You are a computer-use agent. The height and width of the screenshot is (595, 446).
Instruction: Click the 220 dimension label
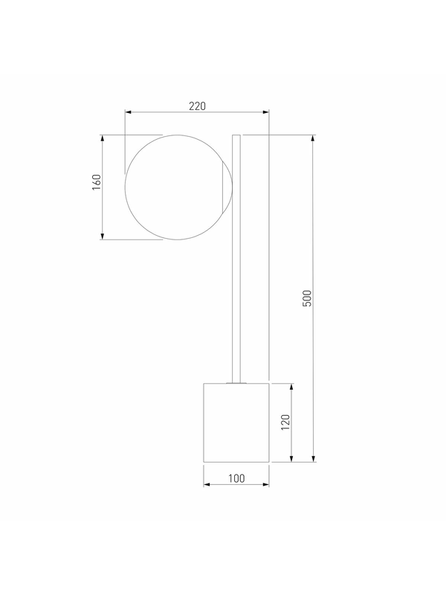point(197,106)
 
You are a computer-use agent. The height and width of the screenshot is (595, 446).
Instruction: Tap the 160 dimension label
point(97,182)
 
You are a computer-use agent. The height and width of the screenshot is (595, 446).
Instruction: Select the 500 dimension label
point(307,298)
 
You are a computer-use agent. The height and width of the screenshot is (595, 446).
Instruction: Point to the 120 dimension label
point(285,422)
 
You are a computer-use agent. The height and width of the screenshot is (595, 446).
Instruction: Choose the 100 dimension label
point(236,478)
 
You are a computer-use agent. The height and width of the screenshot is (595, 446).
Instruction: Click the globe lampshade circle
point(126,187)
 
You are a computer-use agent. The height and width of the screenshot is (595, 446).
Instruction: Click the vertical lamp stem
point(236,259)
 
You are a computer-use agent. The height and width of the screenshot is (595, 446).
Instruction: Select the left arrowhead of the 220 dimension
point(128,112)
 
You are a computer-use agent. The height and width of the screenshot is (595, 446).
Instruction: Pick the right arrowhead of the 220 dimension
point(266,112)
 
